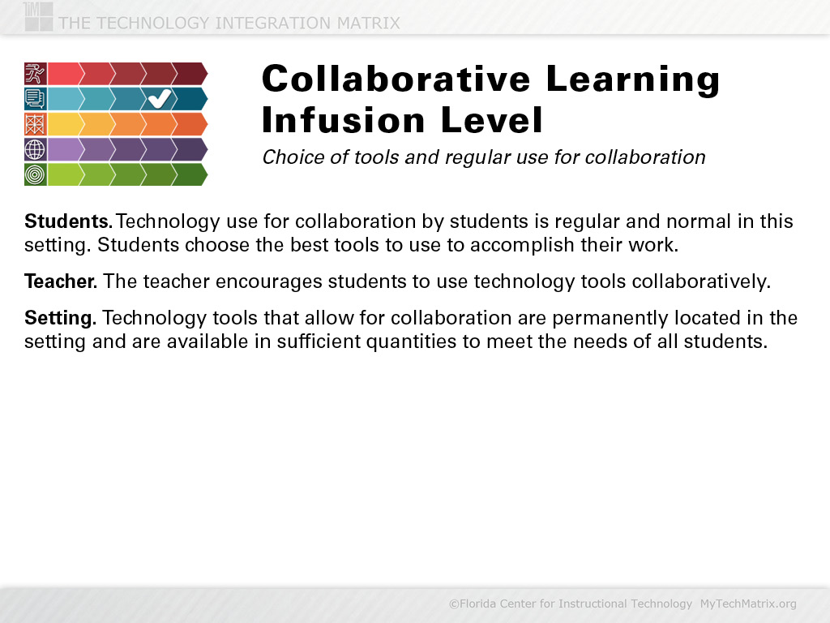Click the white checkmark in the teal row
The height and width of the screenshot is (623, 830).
(x=160, y=98)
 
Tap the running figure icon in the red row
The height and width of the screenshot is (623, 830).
(x=36, y=74)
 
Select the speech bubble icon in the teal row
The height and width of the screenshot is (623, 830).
(x=36, y=99)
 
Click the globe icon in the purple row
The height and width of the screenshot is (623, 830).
(x=36, y=149)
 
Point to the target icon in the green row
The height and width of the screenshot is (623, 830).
(x=36, y=174)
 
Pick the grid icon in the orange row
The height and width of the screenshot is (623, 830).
(x=36, y=124)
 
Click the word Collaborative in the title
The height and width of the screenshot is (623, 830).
(x=396, y=79)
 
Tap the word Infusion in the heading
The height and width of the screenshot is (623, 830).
(x=344, y=120)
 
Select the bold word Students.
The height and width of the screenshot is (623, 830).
(x=68, y=221)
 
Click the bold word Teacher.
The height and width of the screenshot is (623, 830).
(x=61, y=281)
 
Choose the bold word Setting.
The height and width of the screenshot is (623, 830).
(x=60, y=318)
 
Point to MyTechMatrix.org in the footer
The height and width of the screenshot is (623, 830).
(x=748, y=604)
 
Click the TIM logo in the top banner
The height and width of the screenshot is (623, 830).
(x=38, y=16)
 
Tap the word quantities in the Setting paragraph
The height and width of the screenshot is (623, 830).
(x=411, y=342)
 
